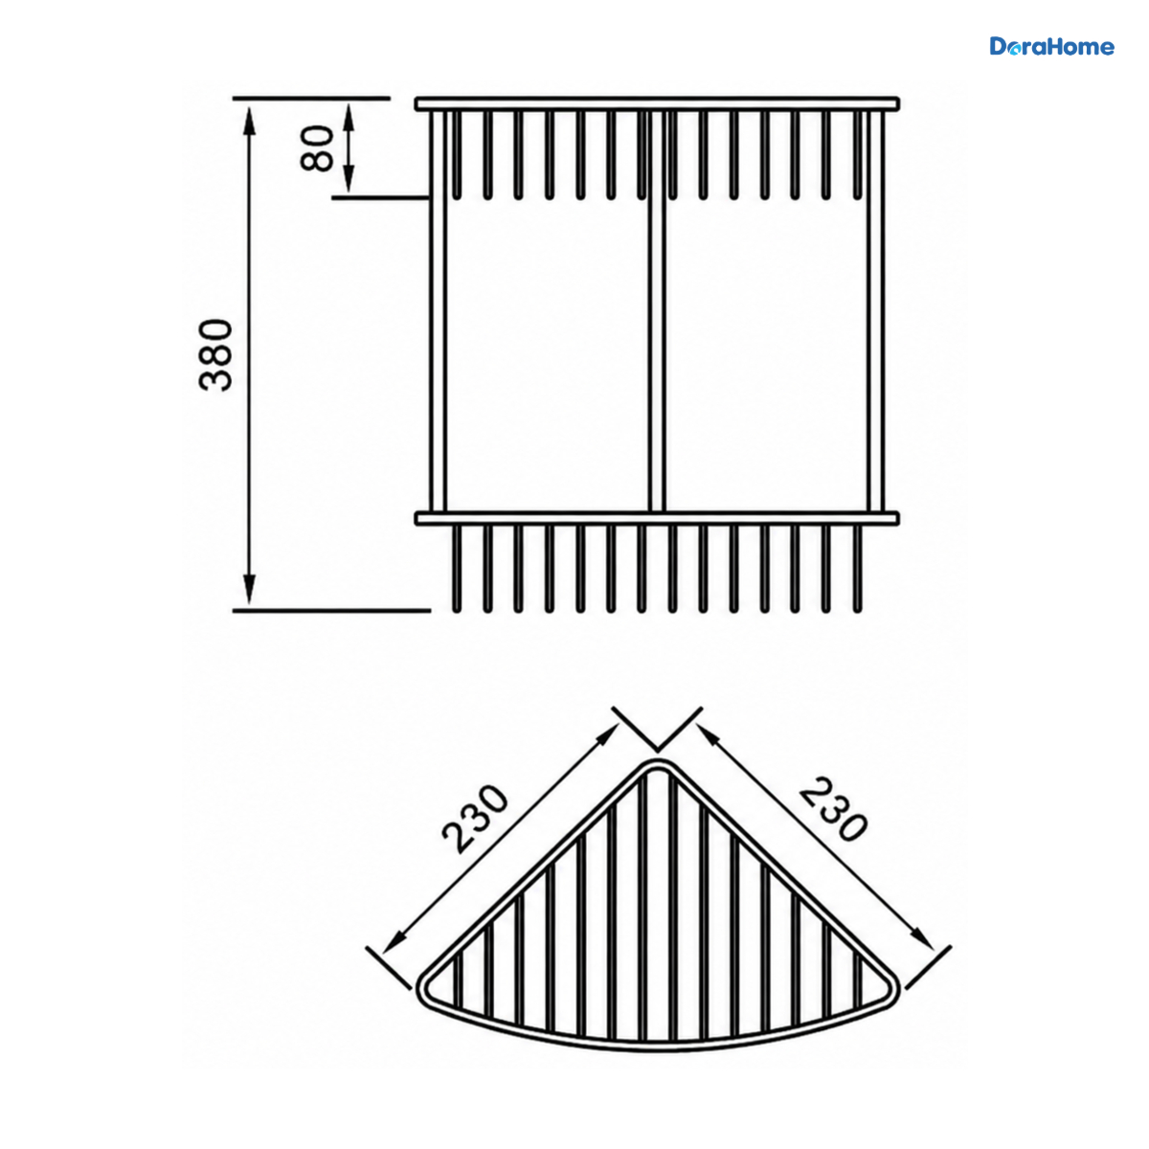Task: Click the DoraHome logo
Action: pos(1051,47)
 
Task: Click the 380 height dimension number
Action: pos(215,355)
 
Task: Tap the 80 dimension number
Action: pos(317,147)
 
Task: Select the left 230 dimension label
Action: pos(475,820)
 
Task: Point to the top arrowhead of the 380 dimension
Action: pos(250,118)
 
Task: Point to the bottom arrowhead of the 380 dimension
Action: pos(250,591)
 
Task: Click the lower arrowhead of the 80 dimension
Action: pos(349,181)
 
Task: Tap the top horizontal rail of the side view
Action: pos(657,104)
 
